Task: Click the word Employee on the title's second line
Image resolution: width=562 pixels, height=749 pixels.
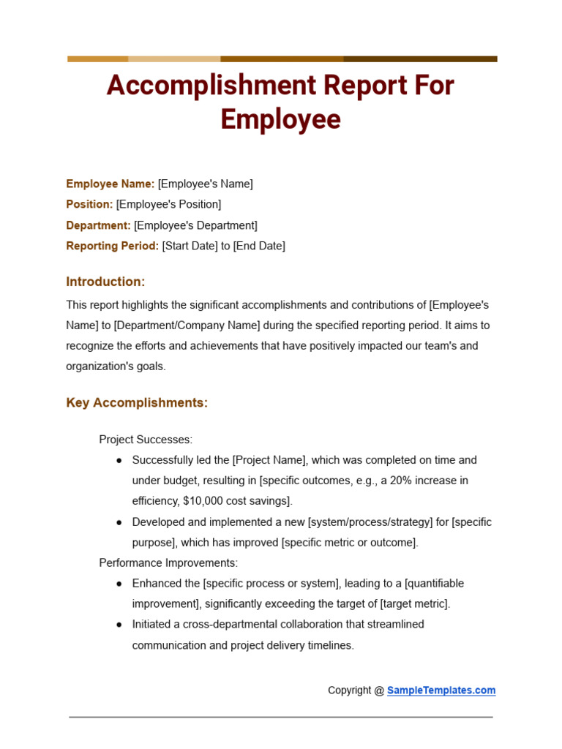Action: [x=280, y=120]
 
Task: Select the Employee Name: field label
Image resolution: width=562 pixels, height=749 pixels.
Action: [x=110, y=184]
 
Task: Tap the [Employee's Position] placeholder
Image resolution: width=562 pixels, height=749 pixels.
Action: [x=168, y=205]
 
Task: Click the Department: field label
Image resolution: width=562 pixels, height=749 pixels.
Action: [x=98, y=225]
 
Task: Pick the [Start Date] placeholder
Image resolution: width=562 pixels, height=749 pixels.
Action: [x=190, y=246]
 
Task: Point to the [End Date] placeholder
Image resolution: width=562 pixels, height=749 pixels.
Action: [x=259, y=246]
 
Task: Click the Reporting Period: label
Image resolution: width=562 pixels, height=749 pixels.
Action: [x=112, y=246]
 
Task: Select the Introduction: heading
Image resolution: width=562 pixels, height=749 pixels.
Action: [x=105, y=282]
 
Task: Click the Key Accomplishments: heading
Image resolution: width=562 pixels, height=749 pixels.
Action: [x=137, y=403]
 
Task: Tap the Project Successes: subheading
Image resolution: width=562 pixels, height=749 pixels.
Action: [x=146, y=440]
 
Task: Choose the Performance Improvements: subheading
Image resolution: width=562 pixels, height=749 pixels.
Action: [x=168, y=563]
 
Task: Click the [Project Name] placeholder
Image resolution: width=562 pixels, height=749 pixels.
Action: [x=268, y=460]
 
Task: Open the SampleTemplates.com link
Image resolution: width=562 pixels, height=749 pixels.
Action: [x=441, y=690]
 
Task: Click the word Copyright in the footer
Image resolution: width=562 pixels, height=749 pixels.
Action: [x=349, y=690]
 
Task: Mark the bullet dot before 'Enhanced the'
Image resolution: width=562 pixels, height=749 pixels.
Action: [x=119, y=584]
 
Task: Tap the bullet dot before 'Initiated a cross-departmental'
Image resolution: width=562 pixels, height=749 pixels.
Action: [x=119, y=625]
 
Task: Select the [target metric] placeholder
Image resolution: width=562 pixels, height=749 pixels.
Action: [x=413, y=604]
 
